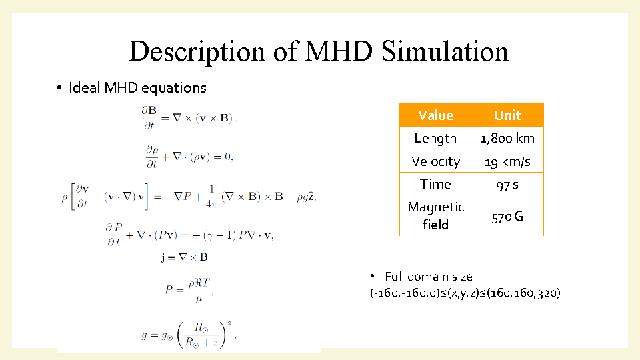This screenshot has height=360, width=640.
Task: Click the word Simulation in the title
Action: (x=445, y=51)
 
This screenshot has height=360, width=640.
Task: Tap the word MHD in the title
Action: (x=339, y=51)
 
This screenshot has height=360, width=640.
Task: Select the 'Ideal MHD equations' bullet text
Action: (x=137, y=88)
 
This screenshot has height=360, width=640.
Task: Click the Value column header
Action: (x=435, y=115)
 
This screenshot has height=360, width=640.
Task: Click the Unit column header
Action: (x=508, y=115)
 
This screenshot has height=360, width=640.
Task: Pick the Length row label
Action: (x=435, y=139)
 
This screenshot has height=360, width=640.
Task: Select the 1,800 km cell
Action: (x=507, y=139)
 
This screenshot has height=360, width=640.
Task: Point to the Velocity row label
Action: (x=435, y=161)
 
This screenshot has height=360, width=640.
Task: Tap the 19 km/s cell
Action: (x=507, y=162)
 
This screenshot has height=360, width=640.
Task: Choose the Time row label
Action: (x=435, y=185)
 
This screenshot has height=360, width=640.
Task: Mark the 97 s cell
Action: (x=507, y=185)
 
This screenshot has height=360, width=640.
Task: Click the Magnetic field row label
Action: (x=436, y=215)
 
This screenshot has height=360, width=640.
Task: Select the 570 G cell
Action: (x=507, y=217)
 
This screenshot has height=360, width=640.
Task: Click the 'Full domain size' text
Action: (x=429, y=277)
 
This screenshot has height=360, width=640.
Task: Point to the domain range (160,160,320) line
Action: (x=465, y=293)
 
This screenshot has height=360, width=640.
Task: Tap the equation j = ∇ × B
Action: (x=184, y=257)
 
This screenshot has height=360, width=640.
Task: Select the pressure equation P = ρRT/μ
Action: (x=189, y=290)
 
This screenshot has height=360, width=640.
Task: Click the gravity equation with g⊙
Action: (x=189, y=335)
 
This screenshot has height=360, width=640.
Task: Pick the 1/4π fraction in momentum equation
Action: (x=211, y=197)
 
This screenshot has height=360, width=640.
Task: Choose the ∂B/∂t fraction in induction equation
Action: (x=149, y=117)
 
